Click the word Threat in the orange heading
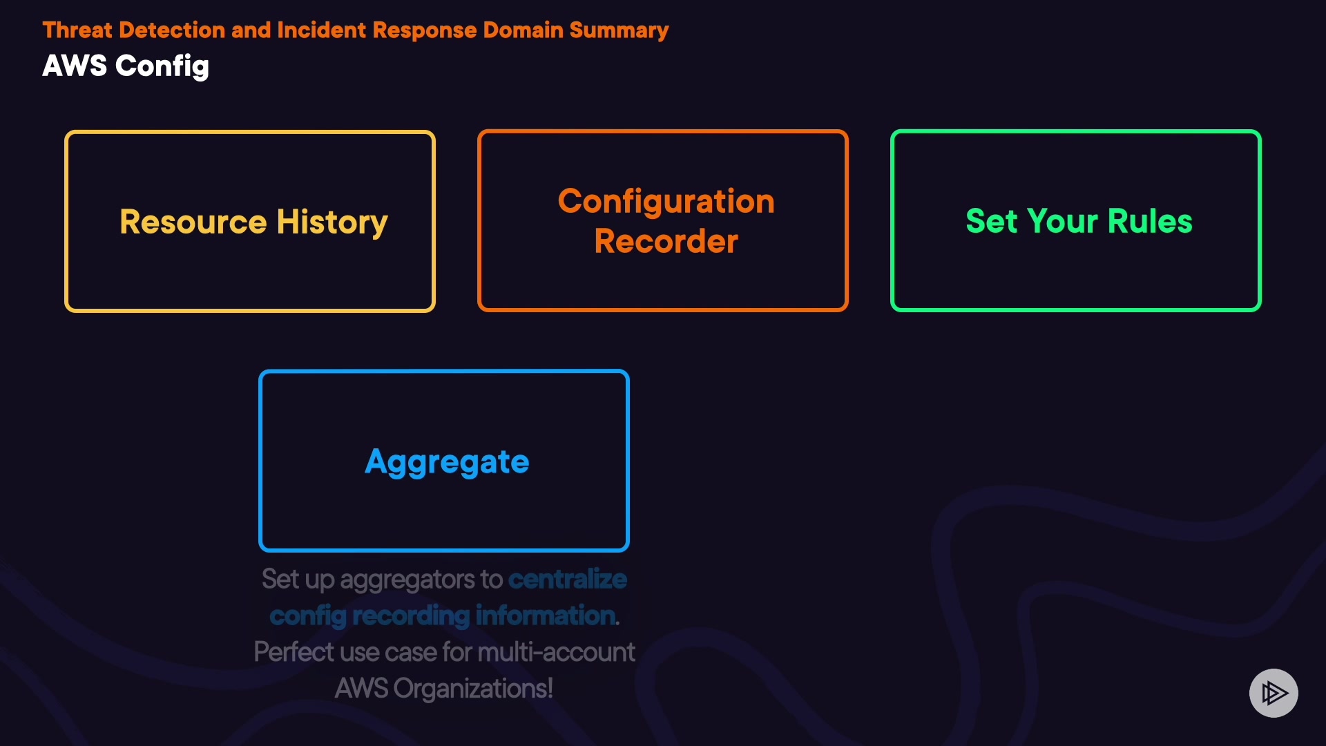(77, 30)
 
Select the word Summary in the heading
(619, 30)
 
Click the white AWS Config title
(126, 66)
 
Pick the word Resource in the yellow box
(193, 222)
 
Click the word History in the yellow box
(332, 222)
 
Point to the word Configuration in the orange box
(666, 202)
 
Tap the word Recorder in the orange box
(666, 242)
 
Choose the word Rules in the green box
(1150, 222)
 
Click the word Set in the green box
(992, 222)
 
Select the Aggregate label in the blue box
(447, 462)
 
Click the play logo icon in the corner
(1274, 693)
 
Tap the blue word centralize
(568, 580)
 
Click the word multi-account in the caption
(556, 652)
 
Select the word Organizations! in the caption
(473, 689)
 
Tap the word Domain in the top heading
(523, 30)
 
